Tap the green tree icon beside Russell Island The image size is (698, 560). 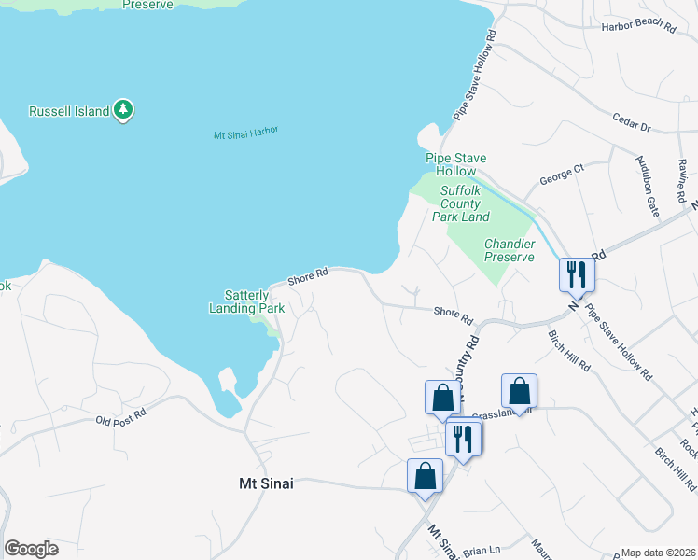122,110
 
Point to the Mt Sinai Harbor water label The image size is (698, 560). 246,133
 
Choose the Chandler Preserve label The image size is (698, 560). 509,250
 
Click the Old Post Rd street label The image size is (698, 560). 121,416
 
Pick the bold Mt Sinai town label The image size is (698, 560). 260,483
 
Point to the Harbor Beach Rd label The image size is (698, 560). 638,29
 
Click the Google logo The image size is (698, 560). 31,549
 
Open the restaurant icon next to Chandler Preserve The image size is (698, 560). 576,274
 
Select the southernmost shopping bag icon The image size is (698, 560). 426,475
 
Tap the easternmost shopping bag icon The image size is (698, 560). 519,392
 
